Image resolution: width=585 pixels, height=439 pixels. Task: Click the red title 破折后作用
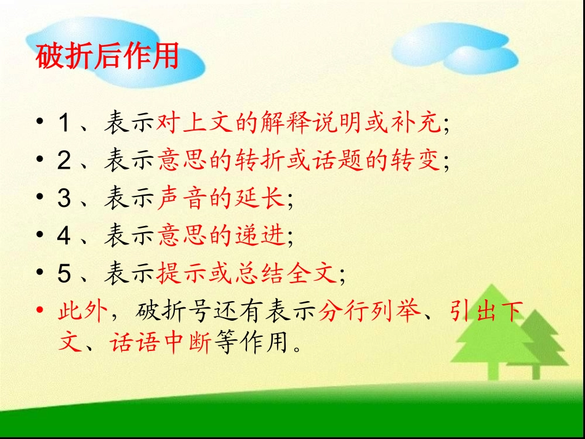pyautogui.click(x=108, y=57)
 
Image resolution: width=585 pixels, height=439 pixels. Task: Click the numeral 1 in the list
pyautogui.click(x=64, y=124)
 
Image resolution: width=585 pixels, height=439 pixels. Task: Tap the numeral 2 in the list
pyautogui.click(x=64, y=161)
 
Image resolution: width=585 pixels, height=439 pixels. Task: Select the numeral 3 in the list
pyautogui.click(x=64, y=199)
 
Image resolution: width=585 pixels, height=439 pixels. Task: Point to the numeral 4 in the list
pyautogui.click(x=64, y=237)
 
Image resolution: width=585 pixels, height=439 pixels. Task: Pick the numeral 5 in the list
pyautogui.click(x=64, y=275)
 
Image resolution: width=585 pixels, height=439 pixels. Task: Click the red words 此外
pyautogui.click(x=83, y=312)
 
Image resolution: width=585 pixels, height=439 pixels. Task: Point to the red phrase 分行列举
pyautogui.click(x=369, y=312)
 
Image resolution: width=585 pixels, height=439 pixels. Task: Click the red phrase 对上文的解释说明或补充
pyautogui.click(x=299, y=123)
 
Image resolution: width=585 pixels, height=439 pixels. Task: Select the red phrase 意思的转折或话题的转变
pyautogui.click(x=299, y=161)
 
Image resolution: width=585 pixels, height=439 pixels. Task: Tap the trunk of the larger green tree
pyautogui.click(x=492, y=370)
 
